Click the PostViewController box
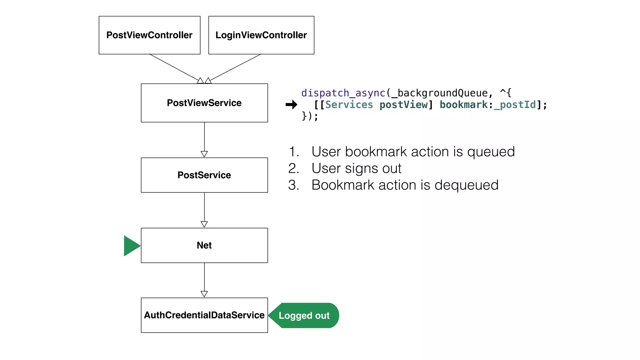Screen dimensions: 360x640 point(149,35)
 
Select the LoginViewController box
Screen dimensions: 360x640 point(261,35)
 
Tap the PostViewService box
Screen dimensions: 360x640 point(204,103)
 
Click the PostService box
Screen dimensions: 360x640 point(204,175)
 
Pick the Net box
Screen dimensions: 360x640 point(204,245)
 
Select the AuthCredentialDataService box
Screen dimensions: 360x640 point(204,315)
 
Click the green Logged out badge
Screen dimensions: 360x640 point(304,315)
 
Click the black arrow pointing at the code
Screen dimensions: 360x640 point(291,105)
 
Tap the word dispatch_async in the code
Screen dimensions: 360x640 point(343,93)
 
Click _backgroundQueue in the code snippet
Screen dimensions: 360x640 point(439,93)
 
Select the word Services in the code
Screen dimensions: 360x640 point(349,105)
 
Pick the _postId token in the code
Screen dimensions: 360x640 point(515,105)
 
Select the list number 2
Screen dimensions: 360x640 point(293,168)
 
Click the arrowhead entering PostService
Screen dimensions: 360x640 point(204,154)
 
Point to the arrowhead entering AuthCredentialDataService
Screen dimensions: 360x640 point(204,294)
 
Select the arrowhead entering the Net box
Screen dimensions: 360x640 point(204,224)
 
